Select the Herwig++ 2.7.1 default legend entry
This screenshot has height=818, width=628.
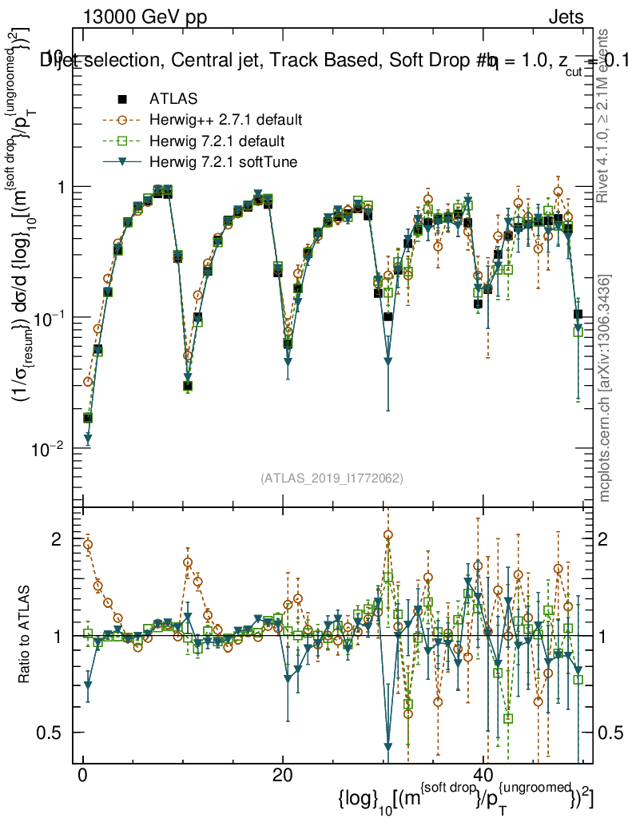click(x=225, y=121)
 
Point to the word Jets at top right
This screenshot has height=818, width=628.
click(x=566, y=17)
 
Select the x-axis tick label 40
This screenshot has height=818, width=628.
click(x=483, y=776)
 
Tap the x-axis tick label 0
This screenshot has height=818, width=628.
click(x=83, y=776)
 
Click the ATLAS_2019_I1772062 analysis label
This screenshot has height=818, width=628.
click(x=332, y=478)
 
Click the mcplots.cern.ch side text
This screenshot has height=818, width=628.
click(x=605, y=387)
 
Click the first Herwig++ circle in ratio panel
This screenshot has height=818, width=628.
click(x=88, y=544)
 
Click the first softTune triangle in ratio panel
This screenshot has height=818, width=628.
click(x=88, y=685)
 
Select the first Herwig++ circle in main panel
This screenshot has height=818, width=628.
click(x=88, y=382)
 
